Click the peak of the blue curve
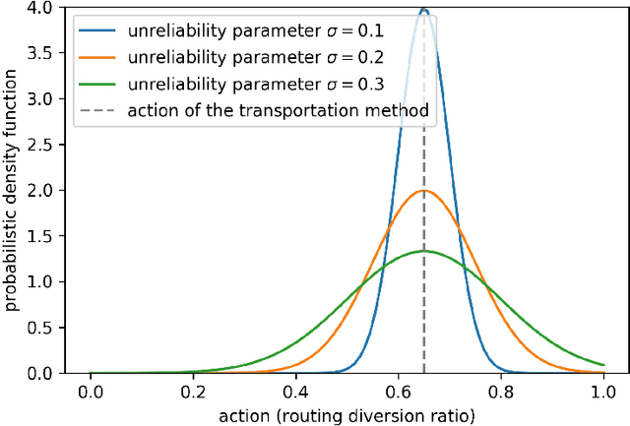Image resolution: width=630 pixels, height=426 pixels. [423, 9]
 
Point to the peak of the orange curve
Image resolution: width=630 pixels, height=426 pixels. [423, 191]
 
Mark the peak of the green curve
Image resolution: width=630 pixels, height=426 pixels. [423, 251]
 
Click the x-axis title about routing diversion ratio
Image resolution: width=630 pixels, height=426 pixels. [346, 415]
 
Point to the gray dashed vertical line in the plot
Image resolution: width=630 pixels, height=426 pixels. [423, 295]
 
